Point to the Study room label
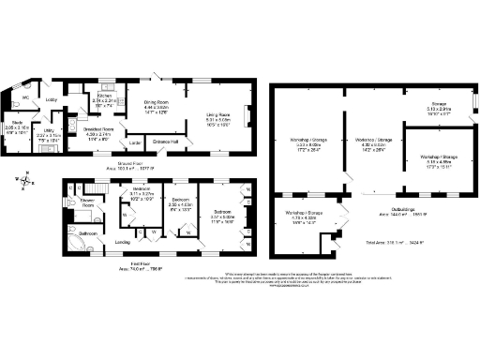(17, 122)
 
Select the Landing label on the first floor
(123, 243)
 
